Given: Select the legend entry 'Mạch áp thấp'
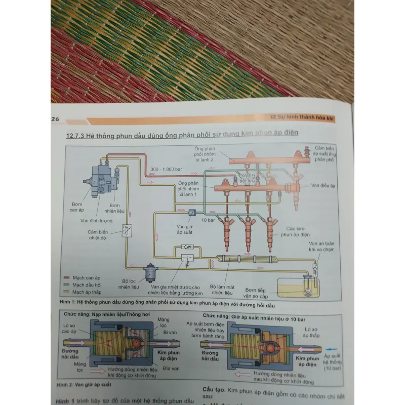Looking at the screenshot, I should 86,291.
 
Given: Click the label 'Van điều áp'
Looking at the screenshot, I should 323,185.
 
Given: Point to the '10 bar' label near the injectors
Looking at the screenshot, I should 208,221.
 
